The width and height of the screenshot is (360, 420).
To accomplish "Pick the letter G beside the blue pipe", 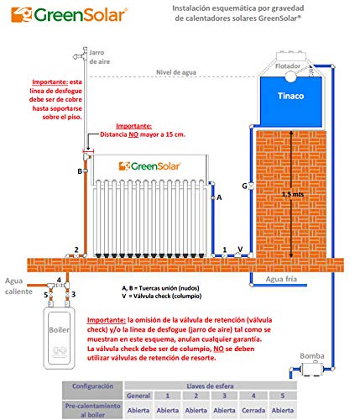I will tap(244, 185).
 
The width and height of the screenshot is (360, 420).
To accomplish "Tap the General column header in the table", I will tap(139, 396).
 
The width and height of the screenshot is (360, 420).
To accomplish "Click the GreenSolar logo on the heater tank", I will tap(148, 164).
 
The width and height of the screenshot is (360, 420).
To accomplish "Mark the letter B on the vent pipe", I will tap(79, 171).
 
